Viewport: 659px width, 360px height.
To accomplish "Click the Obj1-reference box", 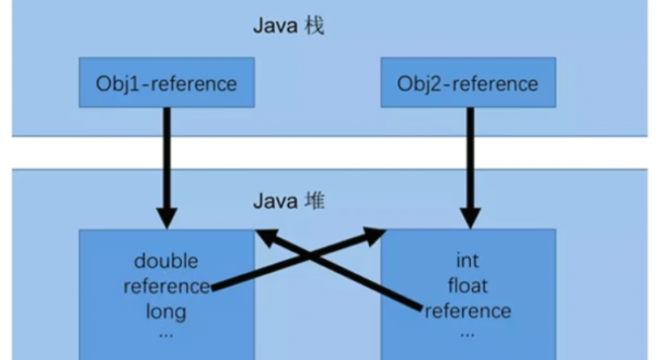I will (167, 83).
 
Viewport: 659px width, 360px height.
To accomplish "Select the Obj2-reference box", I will (467, 83).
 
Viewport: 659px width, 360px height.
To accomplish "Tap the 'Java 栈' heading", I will (288, 25).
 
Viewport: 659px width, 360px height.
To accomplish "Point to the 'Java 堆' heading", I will (288, 202).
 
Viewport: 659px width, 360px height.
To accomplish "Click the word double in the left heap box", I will (166, 261).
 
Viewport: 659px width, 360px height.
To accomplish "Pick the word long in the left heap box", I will (166, 311).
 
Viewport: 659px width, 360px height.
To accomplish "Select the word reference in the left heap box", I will (166, 285).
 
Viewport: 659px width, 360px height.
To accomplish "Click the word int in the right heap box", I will (467, 261).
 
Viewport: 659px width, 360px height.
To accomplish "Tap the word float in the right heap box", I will (467, 285).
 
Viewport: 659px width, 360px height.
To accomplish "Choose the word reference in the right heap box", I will (467, 311).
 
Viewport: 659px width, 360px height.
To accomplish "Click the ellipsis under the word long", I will (166, 334).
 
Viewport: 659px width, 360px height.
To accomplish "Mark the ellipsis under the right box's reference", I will (467, 334).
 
